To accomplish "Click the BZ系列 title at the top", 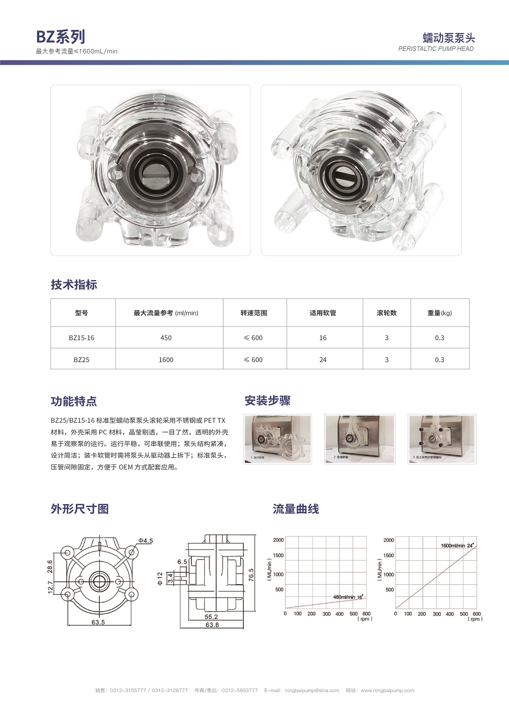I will tap(61, 37).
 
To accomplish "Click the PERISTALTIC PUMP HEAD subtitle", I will tap(436, 49).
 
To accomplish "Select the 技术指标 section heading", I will tap(74, 285).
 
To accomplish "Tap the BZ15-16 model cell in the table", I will tap(81, 338).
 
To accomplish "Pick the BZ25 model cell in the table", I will tap(81, 360).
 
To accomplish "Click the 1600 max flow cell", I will tap(166, 360).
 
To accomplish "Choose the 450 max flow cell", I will tap(166, 338).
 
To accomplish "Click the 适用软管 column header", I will tap(323, 313).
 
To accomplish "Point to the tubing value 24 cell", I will tap(323, 360).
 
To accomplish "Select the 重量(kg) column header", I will tap(439, 313).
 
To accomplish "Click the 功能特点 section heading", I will tap(74, 401).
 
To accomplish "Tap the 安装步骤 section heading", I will tap(267, 401).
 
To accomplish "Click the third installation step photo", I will tap(441, 438).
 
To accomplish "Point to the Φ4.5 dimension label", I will tap(145, 540).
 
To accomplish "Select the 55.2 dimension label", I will tap(211, 617).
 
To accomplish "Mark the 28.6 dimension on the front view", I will tap(50, 566).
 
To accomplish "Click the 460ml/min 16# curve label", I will tap(348, 597).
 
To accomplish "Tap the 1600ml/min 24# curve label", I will tap(457, 545).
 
